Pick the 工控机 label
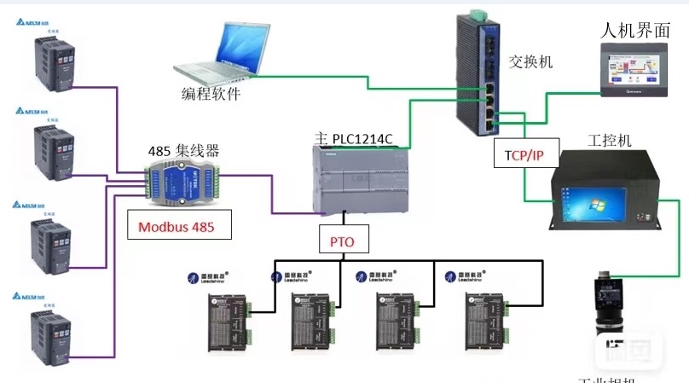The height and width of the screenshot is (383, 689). [610, 140]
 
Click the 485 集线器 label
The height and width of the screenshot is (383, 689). [183, 151]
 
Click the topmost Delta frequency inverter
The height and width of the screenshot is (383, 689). [53, 61]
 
